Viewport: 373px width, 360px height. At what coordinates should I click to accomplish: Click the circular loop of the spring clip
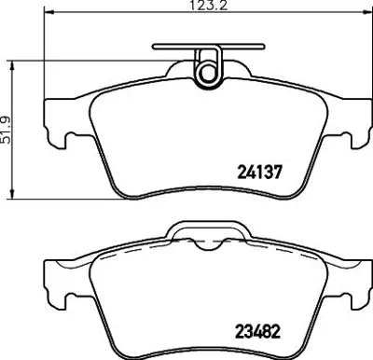click(206, 67)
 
